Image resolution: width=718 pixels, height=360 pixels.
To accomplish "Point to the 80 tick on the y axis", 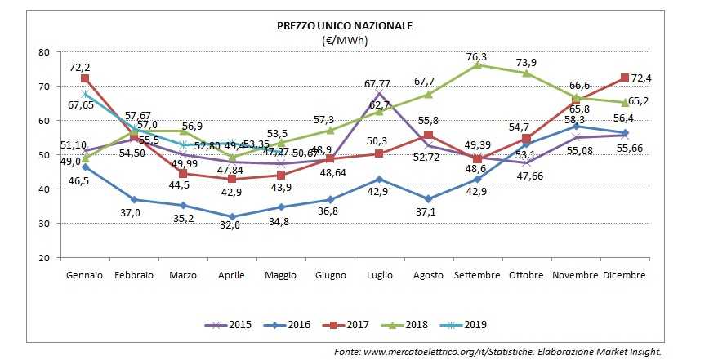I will click(x=44, y=52).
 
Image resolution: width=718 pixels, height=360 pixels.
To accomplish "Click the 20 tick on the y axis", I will click(x=44, y=258).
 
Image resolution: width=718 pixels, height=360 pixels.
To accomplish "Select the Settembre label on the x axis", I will click(x=477, y=275).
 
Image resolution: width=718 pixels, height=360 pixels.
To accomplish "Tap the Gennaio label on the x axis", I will click(x=85, y=275).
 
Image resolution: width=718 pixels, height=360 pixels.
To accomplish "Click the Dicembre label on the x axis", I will click(x=624, y=275).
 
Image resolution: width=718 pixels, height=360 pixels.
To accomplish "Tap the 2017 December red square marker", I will click(x=623, y=78).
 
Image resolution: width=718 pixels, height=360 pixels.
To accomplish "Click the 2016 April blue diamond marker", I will click(x=232, y=216).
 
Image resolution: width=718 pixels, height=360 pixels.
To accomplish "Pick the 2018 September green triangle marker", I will click(x=477, y=64).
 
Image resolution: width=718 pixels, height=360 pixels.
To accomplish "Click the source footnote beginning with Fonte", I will click(x=497, y=350).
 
